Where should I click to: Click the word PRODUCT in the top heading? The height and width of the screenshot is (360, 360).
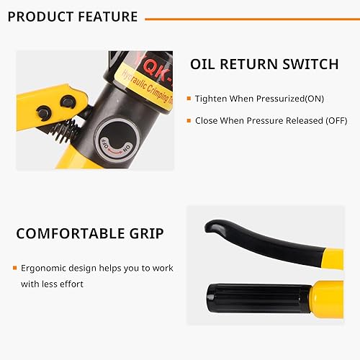tap(37, 17)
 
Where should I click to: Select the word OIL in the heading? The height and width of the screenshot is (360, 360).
tap(204, 64)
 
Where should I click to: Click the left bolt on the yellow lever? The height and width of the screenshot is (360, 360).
tap(43, 111)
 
